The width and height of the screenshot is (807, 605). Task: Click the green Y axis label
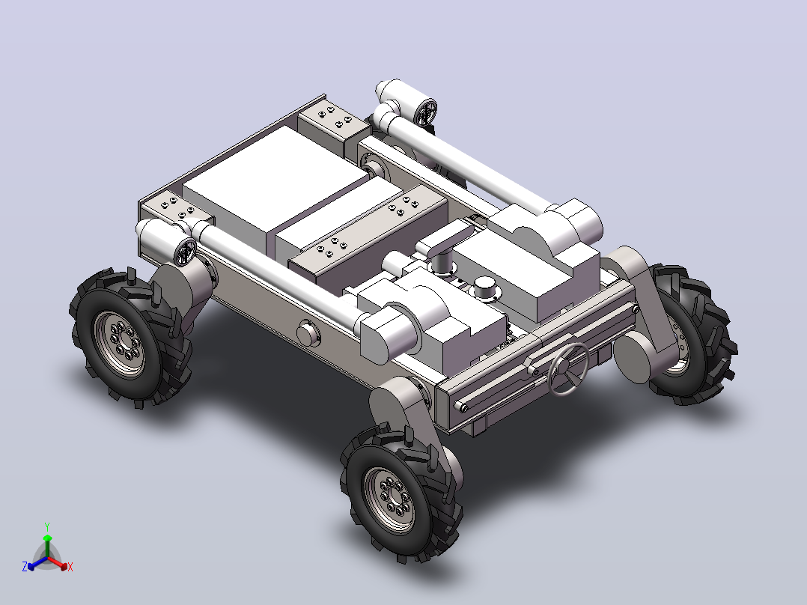pos(47,526)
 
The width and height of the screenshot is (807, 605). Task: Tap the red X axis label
pos(70,567)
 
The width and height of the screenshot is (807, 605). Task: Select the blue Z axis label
pos(25,567)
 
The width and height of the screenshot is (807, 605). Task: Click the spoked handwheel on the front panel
pos(568,368)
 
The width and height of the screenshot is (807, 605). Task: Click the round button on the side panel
pos(308,334)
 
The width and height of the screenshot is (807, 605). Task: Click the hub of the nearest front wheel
pos(389,499)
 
